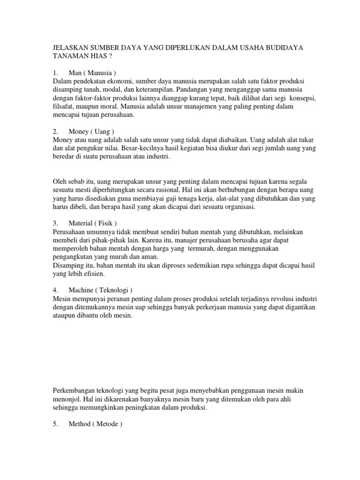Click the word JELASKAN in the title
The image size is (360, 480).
pos(70,48)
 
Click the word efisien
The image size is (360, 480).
pos(93,274)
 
